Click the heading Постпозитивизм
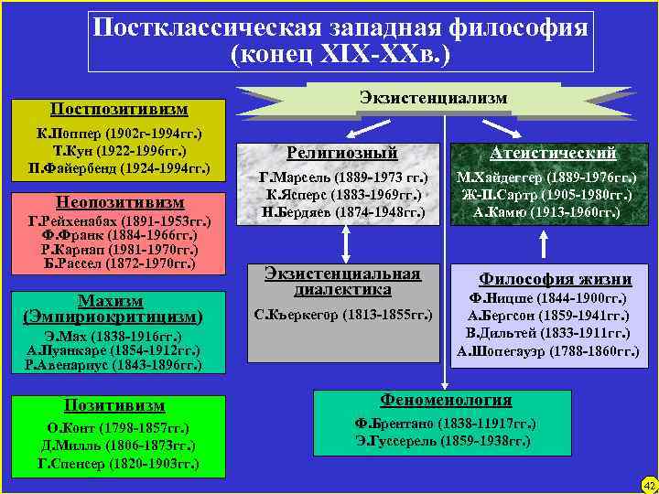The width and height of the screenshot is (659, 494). (118, 110)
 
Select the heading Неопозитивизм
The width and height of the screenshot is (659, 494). (118, 202)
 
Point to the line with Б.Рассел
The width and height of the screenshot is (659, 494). (118, 263)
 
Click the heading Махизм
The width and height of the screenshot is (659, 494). (110, 300)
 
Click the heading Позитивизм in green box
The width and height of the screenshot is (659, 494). (113, 405)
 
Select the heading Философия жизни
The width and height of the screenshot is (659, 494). (556, 280)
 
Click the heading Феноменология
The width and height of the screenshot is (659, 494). (445, 401)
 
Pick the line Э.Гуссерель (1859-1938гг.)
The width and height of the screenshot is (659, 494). (443, 440)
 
